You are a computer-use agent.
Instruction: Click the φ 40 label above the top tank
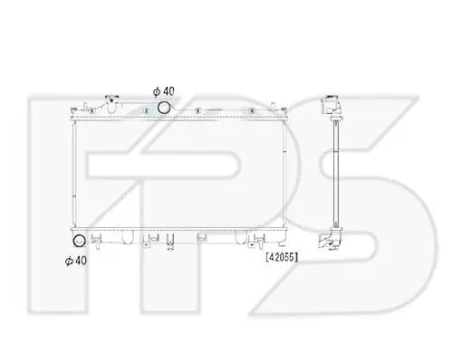click(164, 91)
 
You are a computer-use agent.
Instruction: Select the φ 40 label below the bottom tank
click(76, 261)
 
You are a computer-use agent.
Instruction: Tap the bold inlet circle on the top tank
click(163, 108)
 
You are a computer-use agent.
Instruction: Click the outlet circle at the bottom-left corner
click(80, 241)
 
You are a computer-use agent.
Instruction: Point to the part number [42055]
click(282, 257)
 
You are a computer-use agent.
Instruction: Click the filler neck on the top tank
click(111, 103)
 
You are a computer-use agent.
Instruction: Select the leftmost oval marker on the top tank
click(92, 111)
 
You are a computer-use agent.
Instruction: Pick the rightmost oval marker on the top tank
click(252, 111)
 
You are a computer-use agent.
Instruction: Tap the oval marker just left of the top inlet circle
click(147, 111)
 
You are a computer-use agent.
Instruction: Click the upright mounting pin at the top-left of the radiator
click(85, 108)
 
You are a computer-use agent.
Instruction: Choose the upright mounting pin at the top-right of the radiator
click(273, 108)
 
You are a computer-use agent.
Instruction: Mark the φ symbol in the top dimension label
click(157, 91)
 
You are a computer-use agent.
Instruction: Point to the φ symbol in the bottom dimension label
click(69, 261)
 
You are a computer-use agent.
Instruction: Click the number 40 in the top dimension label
click(169, 91)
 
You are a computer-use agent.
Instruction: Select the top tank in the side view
click(332, 106)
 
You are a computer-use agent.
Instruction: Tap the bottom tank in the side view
click(331, 239)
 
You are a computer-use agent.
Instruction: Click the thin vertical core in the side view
click(336, 174)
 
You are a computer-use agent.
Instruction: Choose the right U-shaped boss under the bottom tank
click(241, 237)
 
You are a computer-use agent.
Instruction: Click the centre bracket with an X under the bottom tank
click(170, 242)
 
